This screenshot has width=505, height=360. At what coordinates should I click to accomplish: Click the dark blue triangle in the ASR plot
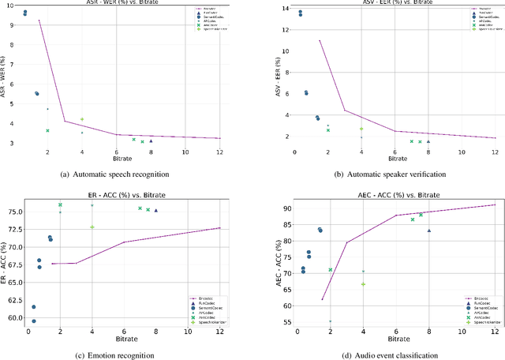tap(151, 141)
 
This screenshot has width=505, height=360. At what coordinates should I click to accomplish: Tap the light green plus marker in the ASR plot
tap(82, 119)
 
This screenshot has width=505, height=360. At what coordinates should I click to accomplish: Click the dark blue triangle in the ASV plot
tap(428, 141)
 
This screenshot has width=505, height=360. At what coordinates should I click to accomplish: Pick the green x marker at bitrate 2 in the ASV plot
tap(328, 129)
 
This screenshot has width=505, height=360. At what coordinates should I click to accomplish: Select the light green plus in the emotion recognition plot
tap(92, 227)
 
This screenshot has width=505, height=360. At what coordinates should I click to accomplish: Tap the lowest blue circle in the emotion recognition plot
tap(33, 321)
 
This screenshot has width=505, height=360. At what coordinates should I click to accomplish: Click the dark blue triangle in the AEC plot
tap(428, 231)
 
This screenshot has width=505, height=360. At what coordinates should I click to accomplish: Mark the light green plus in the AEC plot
tap(363, 284)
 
